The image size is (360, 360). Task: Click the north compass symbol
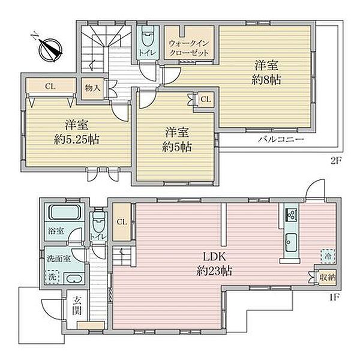coord(50,49)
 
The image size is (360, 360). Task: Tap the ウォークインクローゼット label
coord(189,48)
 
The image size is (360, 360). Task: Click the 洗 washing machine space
coord(52,277)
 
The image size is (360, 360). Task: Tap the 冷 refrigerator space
coord(328,256)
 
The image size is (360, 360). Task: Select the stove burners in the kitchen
coord(291,215)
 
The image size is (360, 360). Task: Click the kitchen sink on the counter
coord(291,242)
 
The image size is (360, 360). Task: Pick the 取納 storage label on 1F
coord(328,277)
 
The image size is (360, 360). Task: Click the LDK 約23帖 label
coord(214,264)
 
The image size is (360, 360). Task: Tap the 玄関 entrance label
coord(77,305)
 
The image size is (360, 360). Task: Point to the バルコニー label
coord(281,139)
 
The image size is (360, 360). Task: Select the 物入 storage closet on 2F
coord(92,88)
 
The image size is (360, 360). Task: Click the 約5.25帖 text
coord(76,139)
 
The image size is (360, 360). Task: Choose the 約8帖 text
coord(266,80)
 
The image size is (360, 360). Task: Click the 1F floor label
coord(334,298)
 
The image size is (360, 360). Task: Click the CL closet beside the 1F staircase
coord(122,222)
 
